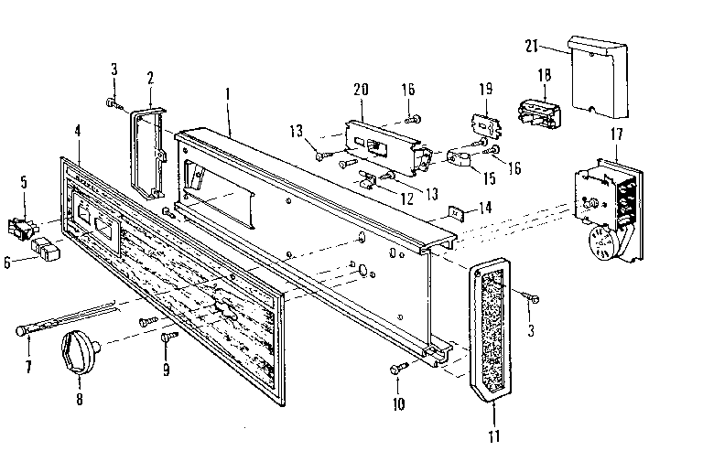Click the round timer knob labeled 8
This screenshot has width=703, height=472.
[x=81, y=351]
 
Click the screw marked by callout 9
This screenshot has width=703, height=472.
[x=167, y=338]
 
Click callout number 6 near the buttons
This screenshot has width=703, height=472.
[x=8, y=261]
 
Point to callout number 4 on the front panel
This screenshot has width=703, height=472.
[x=78, y=130]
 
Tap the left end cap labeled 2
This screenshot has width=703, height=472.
[x=149, y=151]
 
